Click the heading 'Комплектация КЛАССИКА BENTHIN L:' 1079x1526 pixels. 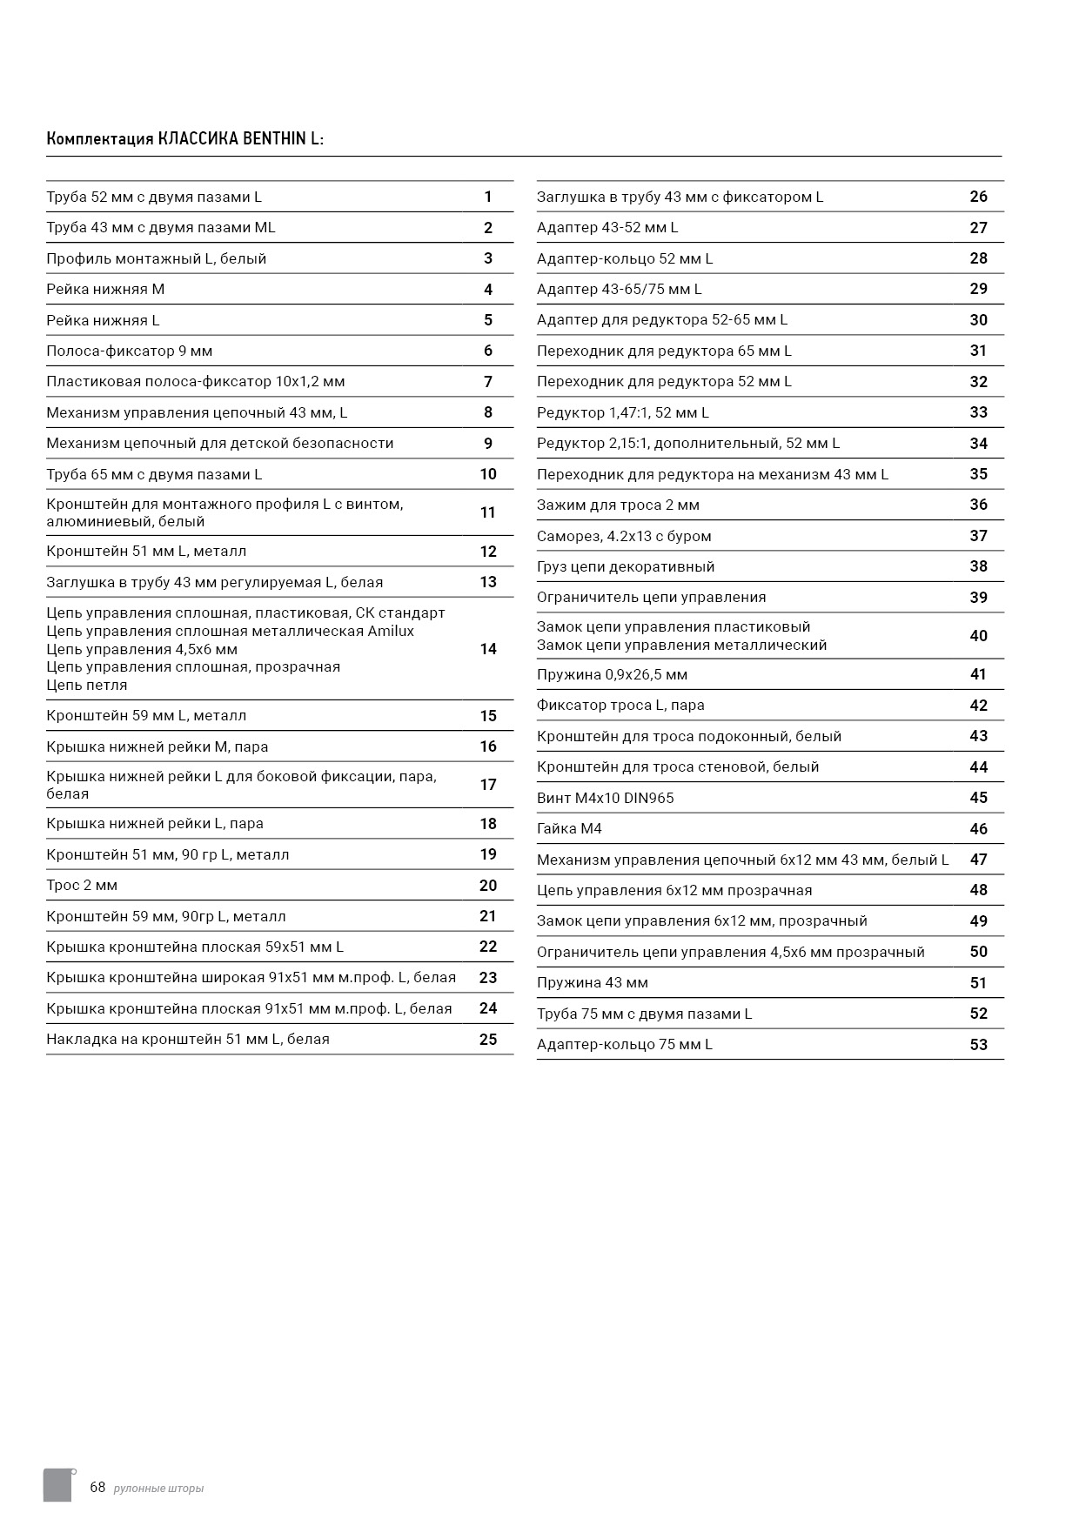(184, 139)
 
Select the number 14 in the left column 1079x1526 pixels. (487, 649)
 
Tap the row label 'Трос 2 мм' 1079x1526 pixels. (82, 886)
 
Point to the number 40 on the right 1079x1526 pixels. (978, 636)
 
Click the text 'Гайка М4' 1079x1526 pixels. (569, 829)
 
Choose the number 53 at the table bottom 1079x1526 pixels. (978, 1045)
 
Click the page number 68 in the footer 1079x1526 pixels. (97, 1487)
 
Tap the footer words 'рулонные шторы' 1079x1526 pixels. (158, 1489)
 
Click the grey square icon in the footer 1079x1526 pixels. (57, 1484)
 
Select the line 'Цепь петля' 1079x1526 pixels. (87, 686)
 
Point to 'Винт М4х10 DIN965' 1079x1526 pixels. (605, 799)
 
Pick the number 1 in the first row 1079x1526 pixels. (488, 197)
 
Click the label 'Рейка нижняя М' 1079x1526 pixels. (105, 290)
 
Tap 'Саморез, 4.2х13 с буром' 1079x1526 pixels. (624, 537)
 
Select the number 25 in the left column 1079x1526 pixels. (487, 1039)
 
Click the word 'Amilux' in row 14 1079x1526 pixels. (391, 632)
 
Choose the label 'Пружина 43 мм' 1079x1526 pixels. (592, 983)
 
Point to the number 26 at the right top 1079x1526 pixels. (978, 197)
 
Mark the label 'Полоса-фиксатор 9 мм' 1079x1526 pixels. (130, 351)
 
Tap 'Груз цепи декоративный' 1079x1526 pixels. (626, 567)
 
